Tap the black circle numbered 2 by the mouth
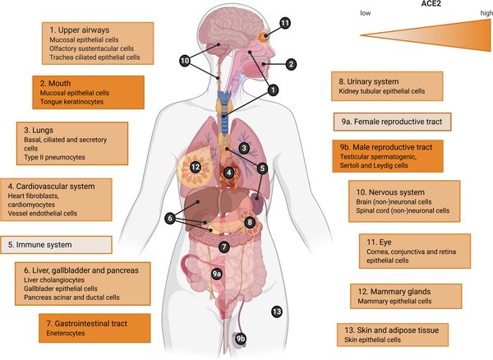tap(290, 63)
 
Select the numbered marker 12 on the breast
tap(196, 167)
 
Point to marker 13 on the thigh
tap(276, 312)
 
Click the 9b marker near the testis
tap(241, 339)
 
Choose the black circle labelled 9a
tap(217, 273)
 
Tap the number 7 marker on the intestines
tap(223, 246)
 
